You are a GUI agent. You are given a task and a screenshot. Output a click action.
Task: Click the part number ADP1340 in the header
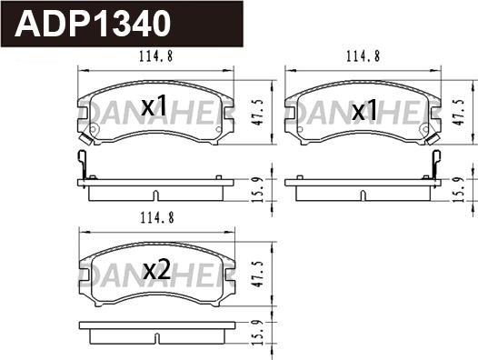tap(93, 24)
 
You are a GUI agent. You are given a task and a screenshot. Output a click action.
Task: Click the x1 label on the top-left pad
tap(154, 105)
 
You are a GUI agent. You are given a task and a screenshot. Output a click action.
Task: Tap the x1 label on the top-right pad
tap(364, 110)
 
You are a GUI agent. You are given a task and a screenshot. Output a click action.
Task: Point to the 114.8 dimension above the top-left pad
tap(155, 56)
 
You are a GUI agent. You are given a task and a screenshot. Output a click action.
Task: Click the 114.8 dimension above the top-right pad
tap(363, 56)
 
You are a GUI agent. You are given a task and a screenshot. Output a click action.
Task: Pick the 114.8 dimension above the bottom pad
tap(157, 218)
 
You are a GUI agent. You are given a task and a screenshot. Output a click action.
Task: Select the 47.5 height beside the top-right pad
tap(458, 112)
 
